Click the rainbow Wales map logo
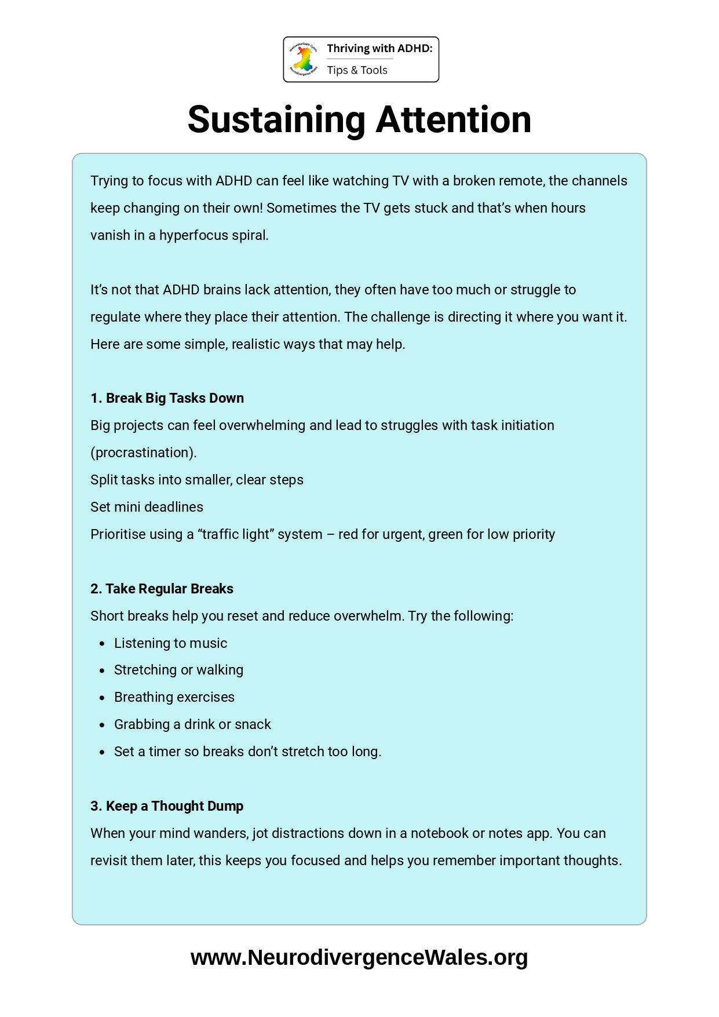coord(303,59)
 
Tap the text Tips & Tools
coord(357,70)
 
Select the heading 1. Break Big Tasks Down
coord(167,398)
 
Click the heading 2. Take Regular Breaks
coord(162,589)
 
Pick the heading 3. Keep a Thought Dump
coord(167,806)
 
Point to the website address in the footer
coord(359,957)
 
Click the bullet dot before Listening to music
coord(103,644)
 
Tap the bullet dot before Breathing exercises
coord(103,698)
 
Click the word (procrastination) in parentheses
coord(144,453)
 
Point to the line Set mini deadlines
coord(147,507)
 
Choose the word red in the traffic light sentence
coord(348,534)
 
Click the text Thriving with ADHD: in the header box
coord(379,49)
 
